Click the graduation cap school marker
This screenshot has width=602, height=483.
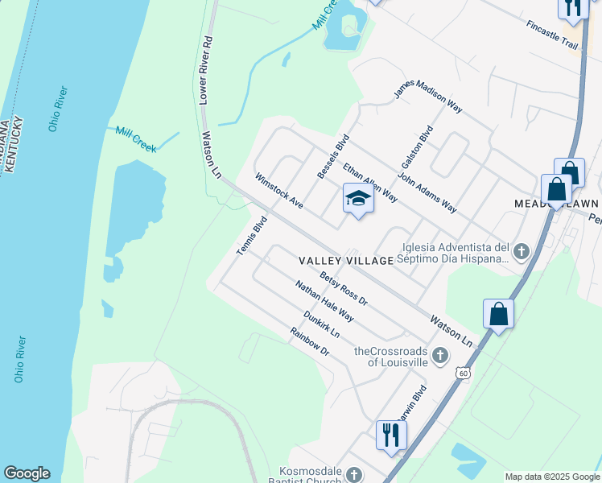pyautogui.click(x=359, y=198)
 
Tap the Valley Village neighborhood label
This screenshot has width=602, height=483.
pyautogui.click(x=346, y=261)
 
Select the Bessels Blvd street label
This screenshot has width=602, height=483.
pyautogui.click(x=331, y=156)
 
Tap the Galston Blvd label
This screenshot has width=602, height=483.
pyautogui.click(x=417, y=147)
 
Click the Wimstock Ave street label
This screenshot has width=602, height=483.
pyautogui.click(x=278, y=192)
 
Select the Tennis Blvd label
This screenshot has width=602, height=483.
pyautogui.click(x=251, y=238)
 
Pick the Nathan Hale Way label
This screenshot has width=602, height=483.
pyautogui.click(x=324, y=300)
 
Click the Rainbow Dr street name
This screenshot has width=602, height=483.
pyautogui.click(x=311, y=341)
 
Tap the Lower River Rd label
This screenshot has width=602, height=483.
pyautogui.click(x=205, y=70)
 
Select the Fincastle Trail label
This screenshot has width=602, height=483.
pyautogui.click(x=552, y=35)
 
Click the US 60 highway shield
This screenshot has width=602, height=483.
pyautogui.click(x=461, y=374)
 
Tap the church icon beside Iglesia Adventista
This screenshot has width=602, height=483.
pyautogui.click(x=521, y=252)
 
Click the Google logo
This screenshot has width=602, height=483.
pyautogui.click(x=27, y=473)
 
